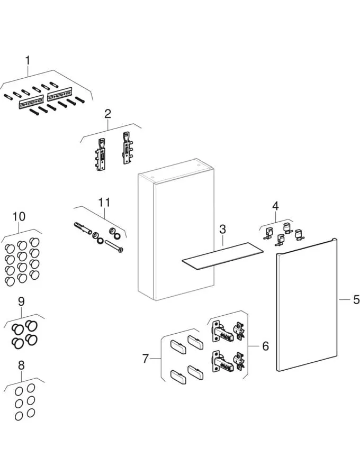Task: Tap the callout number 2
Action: point(107,114)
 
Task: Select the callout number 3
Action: point(222,229)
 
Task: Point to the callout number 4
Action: point(275,205)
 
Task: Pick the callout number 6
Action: point(265,346)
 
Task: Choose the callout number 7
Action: point(146,359)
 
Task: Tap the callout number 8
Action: point(21,365)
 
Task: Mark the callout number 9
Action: point(21,301)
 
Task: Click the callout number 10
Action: point(19,216)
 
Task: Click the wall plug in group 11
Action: point(79,230)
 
